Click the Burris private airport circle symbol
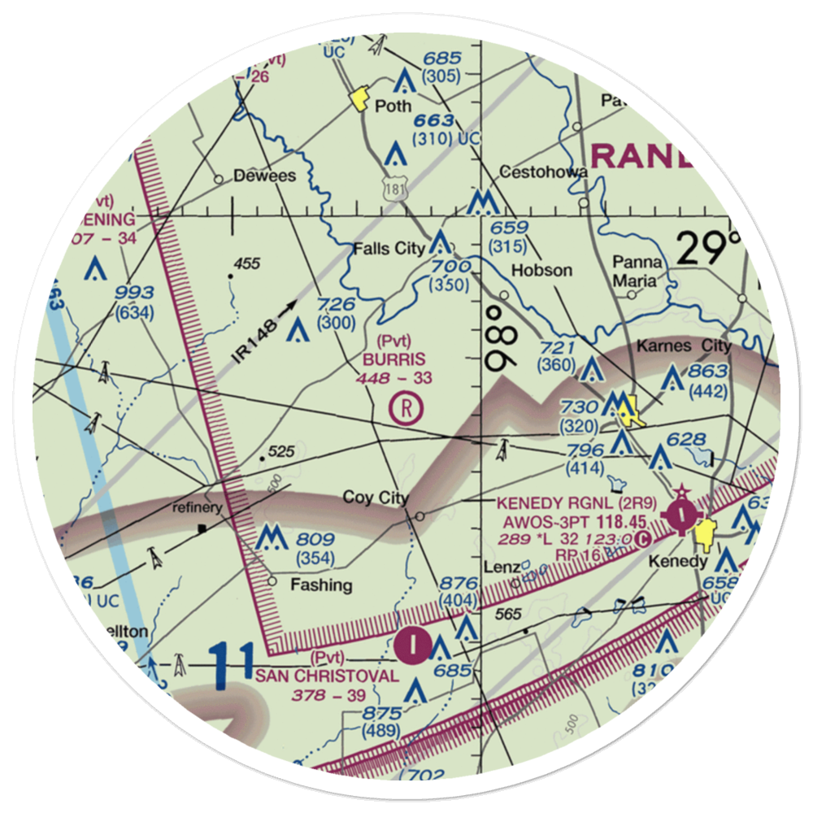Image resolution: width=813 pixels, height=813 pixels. click(405, 406)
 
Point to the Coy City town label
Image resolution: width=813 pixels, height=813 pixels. click(375, 498)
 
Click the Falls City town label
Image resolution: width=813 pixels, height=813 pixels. click(389, 249)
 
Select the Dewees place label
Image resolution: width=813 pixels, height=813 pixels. click(264, 176)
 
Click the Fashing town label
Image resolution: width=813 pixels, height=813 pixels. click(323, 585)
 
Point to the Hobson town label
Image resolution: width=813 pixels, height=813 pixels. click(541, 270)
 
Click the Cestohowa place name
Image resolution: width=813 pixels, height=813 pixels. click(543, 172)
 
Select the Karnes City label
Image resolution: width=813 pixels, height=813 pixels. click(695, 346)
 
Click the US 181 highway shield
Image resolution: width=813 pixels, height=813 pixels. click(394, 189)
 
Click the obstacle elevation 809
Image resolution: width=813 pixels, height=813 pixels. click(315, 539)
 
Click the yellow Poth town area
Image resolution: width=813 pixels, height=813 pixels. click(358, 102)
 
